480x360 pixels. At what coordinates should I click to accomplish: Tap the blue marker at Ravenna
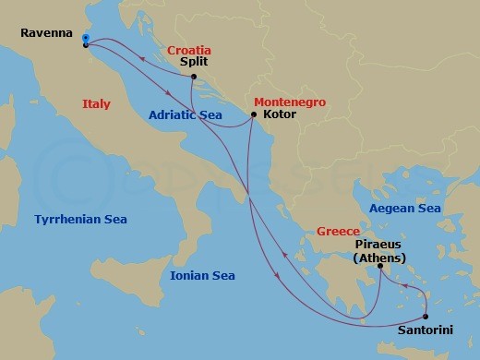click(x=85, y=39)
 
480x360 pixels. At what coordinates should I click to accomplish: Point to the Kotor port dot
click(x=253, y=115)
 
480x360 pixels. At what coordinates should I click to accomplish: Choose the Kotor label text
click(x=280, y=117)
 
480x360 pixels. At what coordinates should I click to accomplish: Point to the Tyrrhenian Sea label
click(x=80, y=219)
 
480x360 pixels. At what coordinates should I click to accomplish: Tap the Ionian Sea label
click(x=203, y=275)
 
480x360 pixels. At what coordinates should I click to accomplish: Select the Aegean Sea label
click(x=403, y=210)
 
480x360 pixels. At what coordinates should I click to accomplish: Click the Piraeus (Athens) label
click(x=380, y=251)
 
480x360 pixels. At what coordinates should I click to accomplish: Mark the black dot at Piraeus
click(x=380, y=268)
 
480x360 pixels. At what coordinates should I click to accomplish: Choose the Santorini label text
click(x=426, y=330)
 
